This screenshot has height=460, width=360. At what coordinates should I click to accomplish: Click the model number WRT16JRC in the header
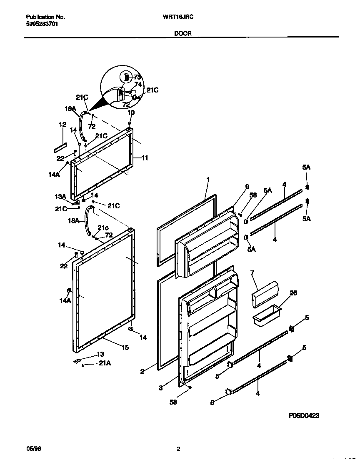[x=180, y=17]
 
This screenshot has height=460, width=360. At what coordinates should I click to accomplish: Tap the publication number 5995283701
[x=42, y=24]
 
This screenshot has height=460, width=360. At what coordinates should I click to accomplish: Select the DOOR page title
[x=182, y=33]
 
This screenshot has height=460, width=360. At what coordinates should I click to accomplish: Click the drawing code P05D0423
[x=304, y=415]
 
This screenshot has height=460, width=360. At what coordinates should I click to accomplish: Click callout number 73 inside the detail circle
[x=137, y=77]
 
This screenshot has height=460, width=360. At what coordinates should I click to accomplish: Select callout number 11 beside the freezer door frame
[x=145, y=158]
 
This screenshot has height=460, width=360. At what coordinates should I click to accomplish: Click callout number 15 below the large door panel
[x=125, y=347]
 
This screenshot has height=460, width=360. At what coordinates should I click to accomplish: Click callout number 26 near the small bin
[x=293, y=293]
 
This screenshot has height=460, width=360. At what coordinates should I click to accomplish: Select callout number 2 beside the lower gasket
[x=142, y=371]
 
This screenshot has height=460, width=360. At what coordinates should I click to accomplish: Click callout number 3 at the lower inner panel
[x=160, y=388]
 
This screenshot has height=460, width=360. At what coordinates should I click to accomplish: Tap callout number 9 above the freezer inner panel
[x=247, y=186]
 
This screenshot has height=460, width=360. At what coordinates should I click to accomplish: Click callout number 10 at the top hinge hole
[x=130, y=113]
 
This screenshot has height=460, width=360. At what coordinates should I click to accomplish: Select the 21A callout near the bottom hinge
[x=105, y=363]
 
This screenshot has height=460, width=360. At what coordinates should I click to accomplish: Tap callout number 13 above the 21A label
[x=100, y=354]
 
